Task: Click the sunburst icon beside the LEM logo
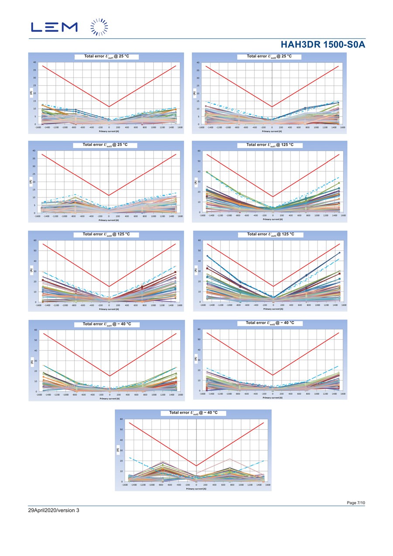click(99, 27)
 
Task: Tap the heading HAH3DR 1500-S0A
click(323, 45)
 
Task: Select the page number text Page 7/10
click(356, 503)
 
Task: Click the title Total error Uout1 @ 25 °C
click(106, 56)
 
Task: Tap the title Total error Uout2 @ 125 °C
click(106, 235)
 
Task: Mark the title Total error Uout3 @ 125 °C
click(270, 235)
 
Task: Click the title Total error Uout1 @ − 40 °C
click(107, 324)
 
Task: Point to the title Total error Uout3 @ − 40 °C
click(193, 413)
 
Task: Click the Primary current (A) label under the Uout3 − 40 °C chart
click(196, 489)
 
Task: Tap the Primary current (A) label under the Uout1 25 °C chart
click(109, 131)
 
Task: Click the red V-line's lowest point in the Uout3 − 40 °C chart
click(196, 466)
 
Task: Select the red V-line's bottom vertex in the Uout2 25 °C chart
click(272, 107)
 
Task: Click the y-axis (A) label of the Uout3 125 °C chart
click(195, 270)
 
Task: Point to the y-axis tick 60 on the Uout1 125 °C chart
click(199, 151)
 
